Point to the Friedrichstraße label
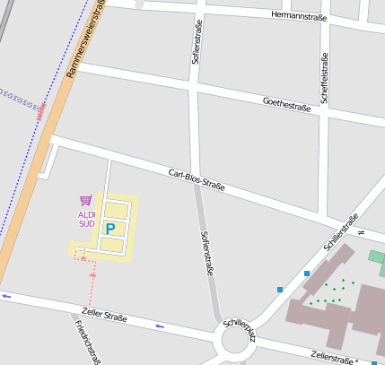[x=87, y=342]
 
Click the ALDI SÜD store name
[x=86, y=219]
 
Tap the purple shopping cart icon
[x=86, y=201]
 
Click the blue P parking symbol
[x=110, y=230]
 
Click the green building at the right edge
[x=376, y=258]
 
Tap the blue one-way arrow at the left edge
[x=6, y=295]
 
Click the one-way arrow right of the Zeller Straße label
[x=160, y=326]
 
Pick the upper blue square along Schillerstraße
[x=307, y=273]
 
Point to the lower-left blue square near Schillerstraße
[x=280, y=289]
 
